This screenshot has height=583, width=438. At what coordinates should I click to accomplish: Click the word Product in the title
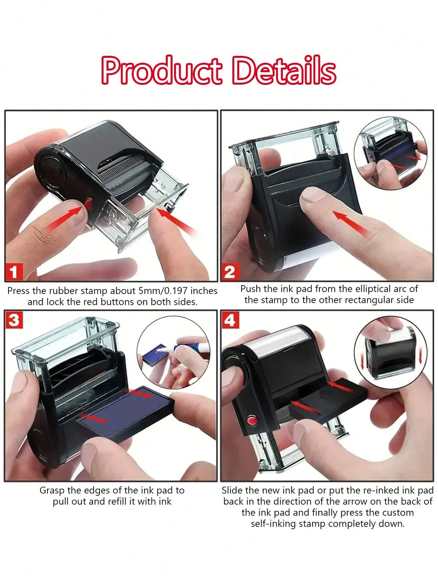(x=161, y=70)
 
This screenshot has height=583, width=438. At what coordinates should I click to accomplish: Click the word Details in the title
(x=284, y=70)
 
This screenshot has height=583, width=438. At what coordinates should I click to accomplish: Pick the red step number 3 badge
(x=14, y=320)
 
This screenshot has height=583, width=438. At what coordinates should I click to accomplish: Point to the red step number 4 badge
(x=230, y=320)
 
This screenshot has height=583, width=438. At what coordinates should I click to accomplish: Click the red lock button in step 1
(x=88, y=204)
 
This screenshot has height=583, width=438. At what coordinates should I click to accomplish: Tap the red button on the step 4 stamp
(x=252, y=420)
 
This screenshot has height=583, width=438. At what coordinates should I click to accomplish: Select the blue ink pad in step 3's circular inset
(x=155, y=355)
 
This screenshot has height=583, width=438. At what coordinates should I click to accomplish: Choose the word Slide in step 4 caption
(x=233, y=490)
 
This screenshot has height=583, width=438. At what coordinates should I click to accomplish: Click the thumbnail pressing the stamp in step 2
(x=391, y=153)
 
